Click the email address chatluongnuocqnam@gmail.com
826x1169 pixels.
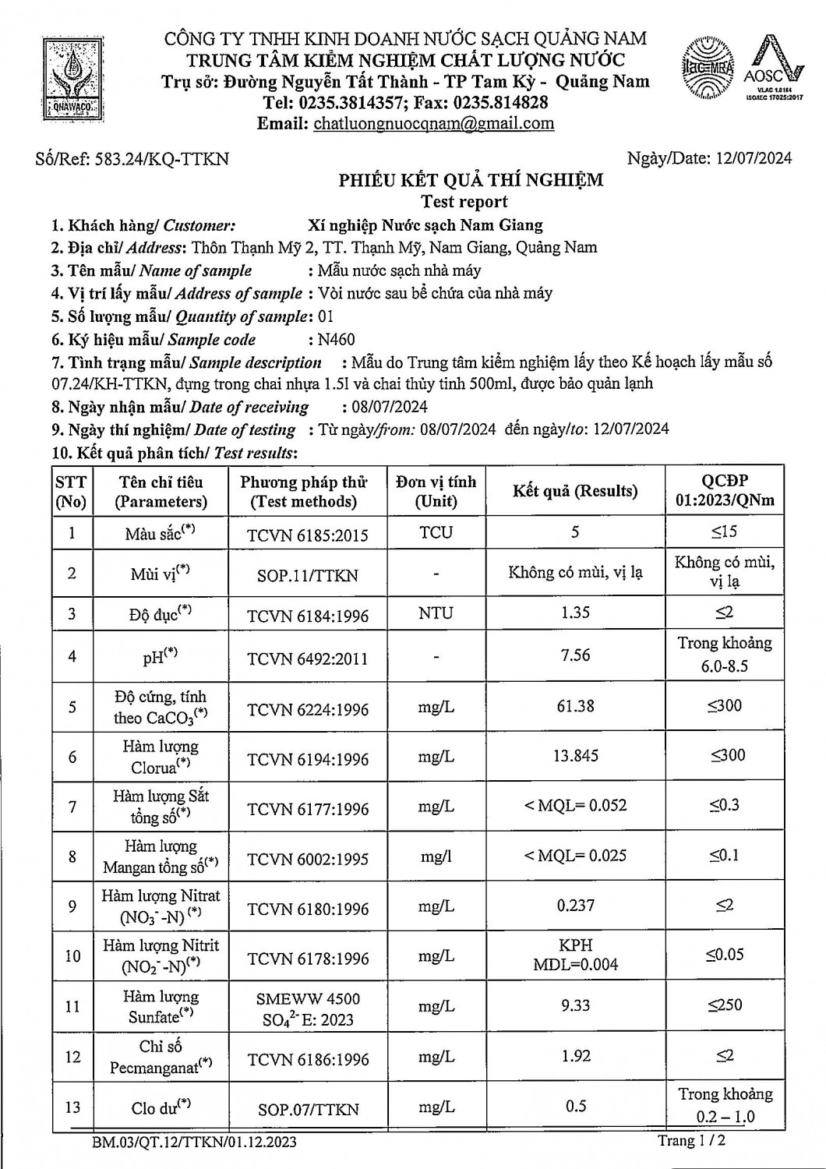click(433, 123)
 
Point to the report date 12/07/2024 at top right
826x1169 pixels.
click(753, 158)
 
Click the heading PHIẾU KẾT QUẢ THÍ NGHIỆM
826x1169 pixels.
click(471, 181)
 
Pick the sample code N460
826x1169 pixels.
click(336, 339)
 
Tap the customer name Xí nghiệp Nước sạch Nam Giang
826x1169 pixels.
click(425, 225)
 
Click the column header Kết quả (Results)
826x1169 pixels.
click(575, 491)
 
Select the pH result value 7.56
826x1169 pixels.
click(575, 655)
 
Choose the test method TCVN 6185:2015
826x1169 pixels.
click(308, 535)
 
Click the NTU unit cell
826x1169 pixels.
click(436, 613)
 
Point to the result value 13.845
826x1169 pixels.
click(575, 755)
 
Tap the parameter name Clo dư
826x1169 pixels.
click(161, 1107)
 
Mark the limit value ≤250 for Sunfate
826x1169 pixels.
click(725, 1005)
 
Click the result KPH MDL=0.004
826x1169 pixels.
click(575, 955)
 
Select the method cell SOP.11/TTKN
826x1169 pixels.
click(308, 576)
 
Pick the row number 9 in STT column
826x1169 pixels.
click(72, 906)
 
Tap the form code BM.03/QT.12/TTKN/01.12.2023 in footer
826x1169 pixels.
click(194, 1143)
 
